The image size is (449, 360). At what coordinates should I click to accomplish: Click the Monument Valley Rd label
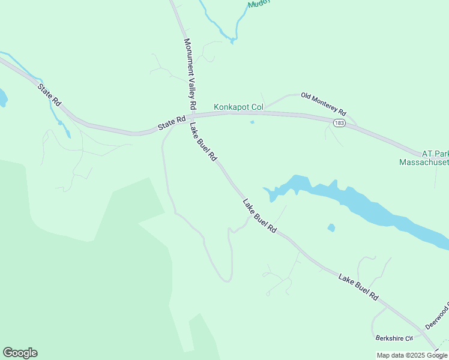pos(190,74)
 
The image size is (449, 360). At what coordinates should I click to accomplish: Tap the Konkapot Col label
pos(239,107)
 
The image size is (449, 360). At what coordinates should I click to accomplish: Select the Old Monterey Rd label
pos(324,103)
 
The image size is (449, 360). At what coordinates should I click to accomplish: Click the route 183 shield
pos(339,122)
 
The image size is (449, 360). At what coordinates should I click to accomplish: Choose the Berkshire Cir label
pos(394,338)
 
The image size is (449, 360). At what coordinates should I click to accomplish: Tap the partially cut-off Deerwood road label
pos(436,317)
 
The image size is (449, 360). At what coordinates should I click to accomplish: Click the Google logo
pos(20,353)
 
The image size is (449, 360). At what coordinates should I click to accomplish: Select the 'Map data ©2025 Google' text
pos(412,355)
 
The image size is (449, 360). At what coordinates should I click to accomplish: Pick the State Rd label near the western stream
pos(49,95)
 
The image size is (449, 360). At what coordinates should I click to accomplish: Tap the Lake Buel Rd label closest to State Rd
pos(203,142)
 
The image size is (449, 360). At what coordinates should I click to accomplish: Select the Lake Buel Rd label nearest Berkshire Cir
pos(358,287)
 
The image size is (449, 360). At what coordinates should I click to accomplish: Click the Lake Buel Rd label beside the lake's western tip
pos(259,216)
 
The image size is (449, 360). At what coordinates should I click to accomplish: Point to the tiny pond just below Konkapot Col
pos(252,122)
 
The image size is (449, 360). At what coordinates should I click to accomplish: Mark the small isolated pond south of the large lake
pos(331,228)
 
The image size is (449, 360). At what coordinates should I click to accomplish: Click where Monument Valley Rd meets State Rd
pos(193,115)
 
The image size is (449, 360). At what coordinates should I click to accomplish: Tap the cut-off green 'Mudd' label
pos(259,3)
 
